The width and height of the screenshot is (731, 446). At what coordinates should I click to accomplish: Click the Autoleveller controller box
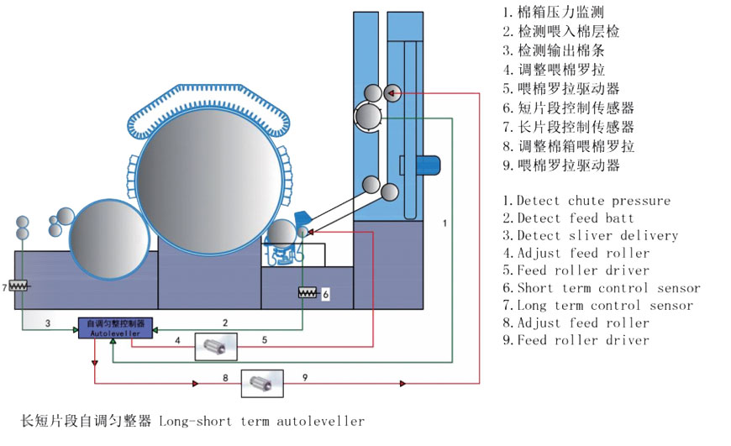coord(114,328)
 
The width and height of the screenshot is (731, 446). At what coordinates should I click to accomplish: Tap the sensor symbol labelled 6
coord(308,293)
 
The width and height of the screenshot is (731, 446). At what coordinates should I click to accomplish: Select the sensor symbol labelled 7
coord(18,286)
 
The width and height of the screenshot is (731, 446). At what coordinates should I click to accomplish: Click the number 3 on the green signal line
coord(48,323)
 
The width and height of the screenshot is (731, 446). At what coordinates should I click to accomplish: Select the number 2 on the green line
coord(225,323)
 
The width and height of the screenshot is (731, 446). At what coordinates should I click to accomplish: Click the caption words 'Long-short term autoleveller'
coord(261,421)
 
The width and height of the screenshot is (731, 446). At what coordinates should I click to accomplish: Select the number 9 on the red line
coord(304,379)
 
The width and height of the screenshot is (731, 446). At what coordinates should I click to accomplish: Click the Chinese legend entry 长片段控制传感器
coord(568,127)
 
